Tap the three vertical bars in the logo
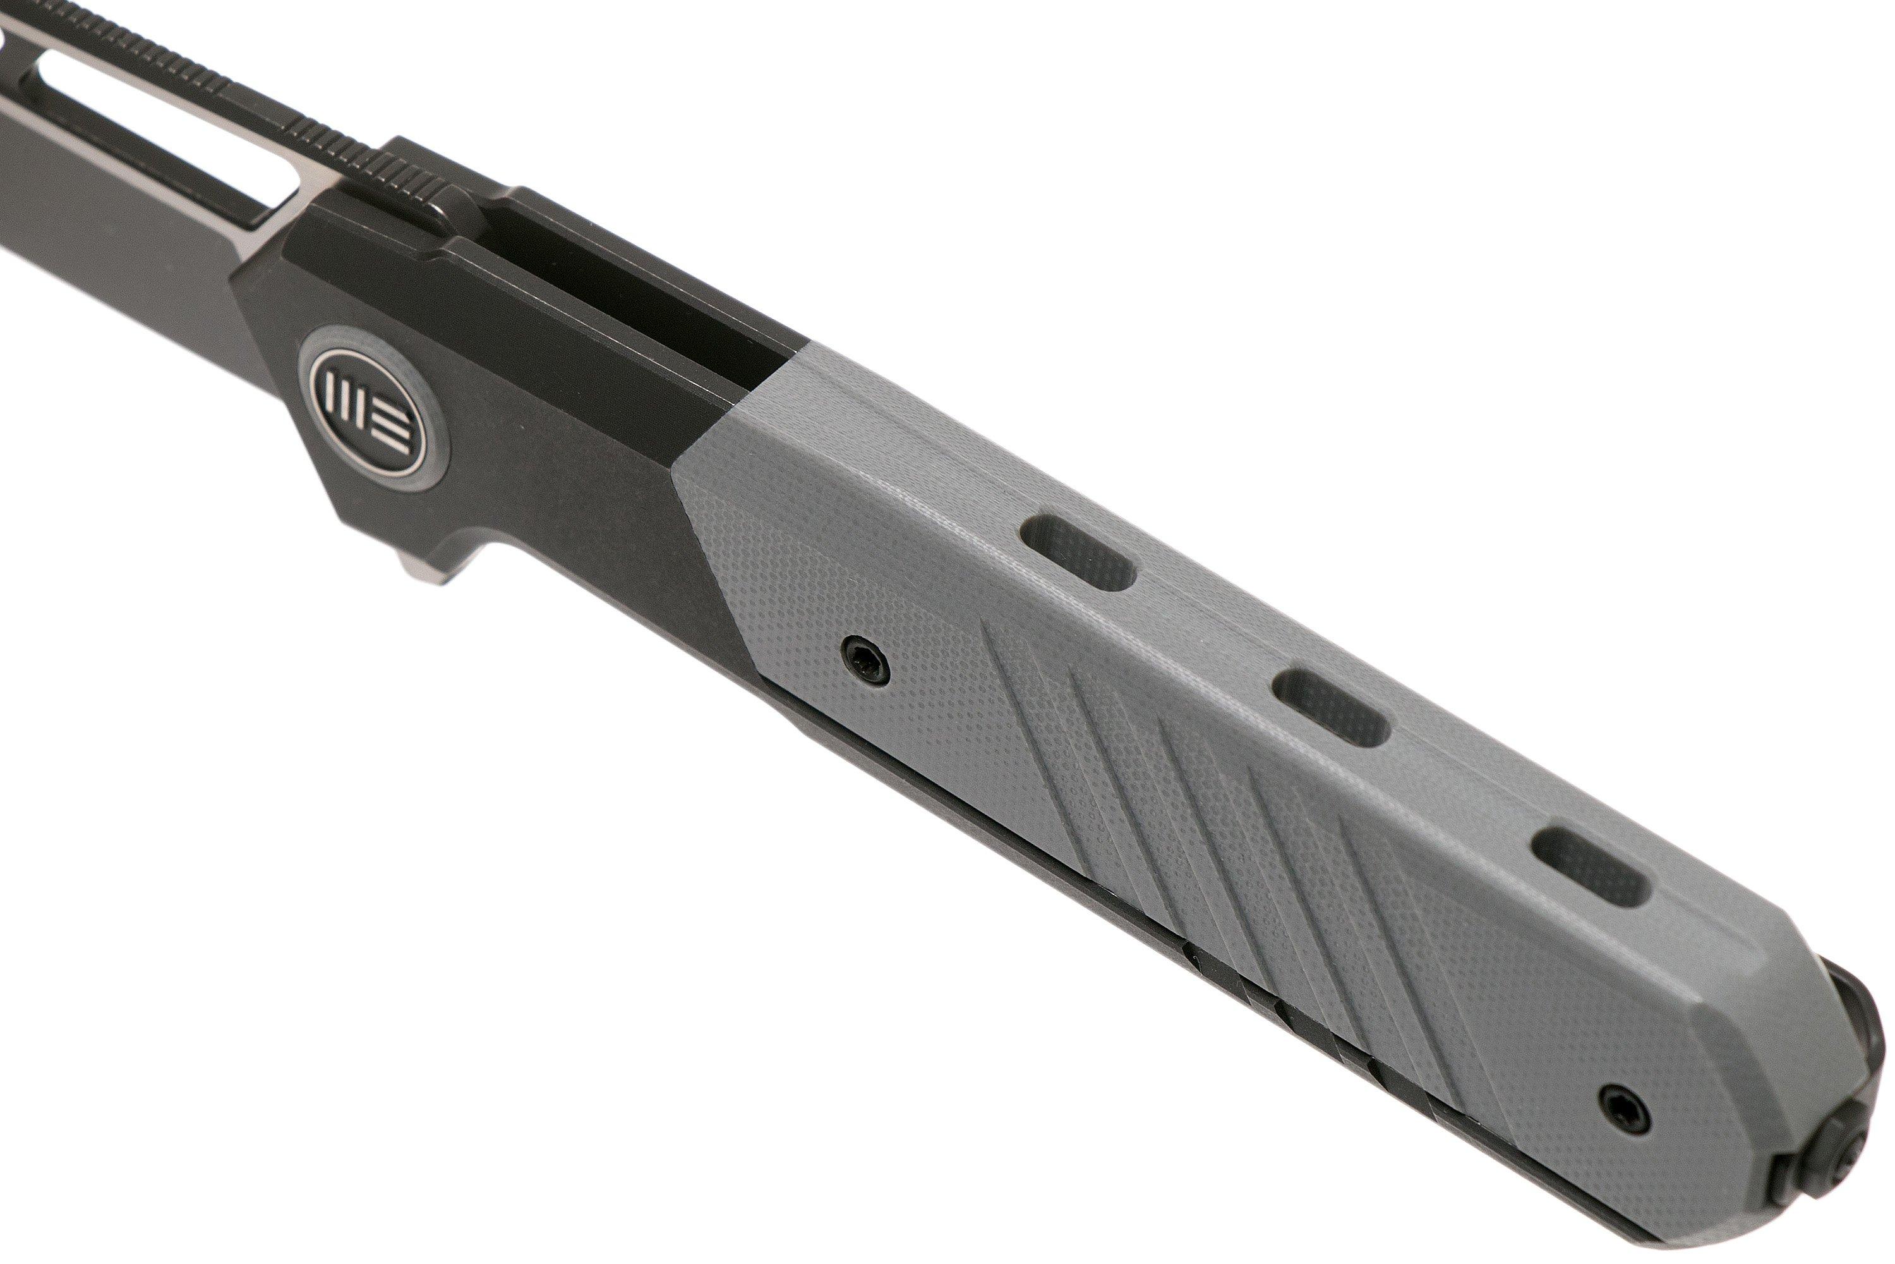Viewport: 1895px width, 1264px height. [348, 402]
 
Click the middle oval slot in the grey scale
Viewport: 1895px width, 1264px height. [1332, 707]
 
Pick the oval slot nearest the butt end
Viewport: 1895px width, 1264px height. [1589, 866]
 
